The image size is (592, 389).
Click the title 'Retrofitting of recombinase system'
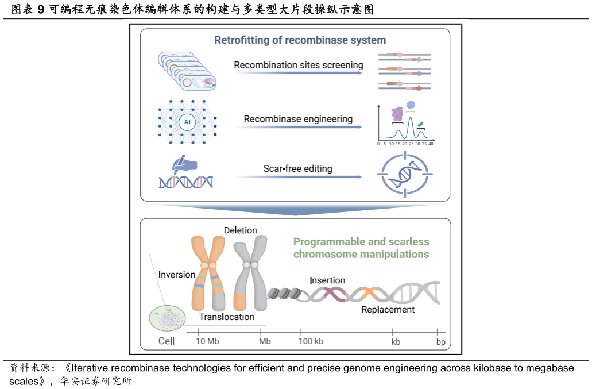[x=300, y=40]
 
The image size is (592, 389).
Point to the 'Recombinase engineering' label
[x=298, y=119]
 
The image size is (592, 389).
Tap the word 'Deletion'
[x=240, y=230]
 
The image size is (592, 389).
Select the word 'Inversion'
[x=177, y=275]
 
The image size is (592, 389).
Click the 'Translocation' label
[x=227, y=317]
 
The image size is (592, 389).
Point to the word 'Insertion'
[x=327, y=280]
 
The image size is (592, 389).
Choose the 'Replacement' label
[x=388, y=310]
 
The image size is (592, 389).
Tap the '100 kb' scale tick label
[x=311, y=341]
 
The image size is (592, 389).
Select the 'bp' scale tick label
[x=440, y=341]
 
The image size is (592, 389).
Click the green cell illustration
[x=167, y=318]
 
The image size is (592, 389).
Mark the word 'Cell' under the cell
[x=167, y=341]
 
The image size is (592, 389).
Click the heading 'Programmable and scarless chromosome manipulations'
[x=361, y=248]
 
